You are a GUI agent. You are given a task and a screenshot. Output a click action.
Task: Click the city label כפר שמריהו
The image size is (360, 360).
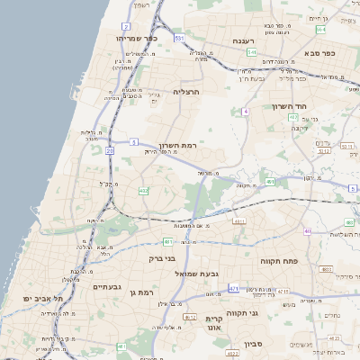coord(137,39)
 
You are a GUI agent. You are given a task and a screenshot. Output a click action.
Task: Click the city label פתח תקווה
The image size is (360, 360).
coord(279,261)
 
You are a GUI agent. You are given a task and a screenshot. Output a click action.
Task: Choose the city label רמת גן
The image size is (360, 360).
coord(143,292)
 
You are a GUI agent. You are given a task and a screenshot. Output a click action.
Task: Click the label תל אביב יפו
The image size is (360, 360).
coord(42,297)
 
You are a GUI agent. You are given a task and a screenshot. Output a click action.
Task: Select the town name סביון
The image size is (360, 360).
coord(253,343)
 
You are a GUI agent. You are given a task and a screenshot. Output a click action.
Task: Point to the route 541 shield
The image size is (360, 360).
coord(252,53)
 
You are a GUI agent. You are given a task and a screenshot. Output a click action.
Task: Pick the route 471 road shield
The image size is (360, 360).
coord(233,288)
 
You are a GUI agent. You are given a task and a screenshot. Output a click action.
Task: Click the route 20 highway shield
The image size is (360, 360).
coord(110,151)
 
